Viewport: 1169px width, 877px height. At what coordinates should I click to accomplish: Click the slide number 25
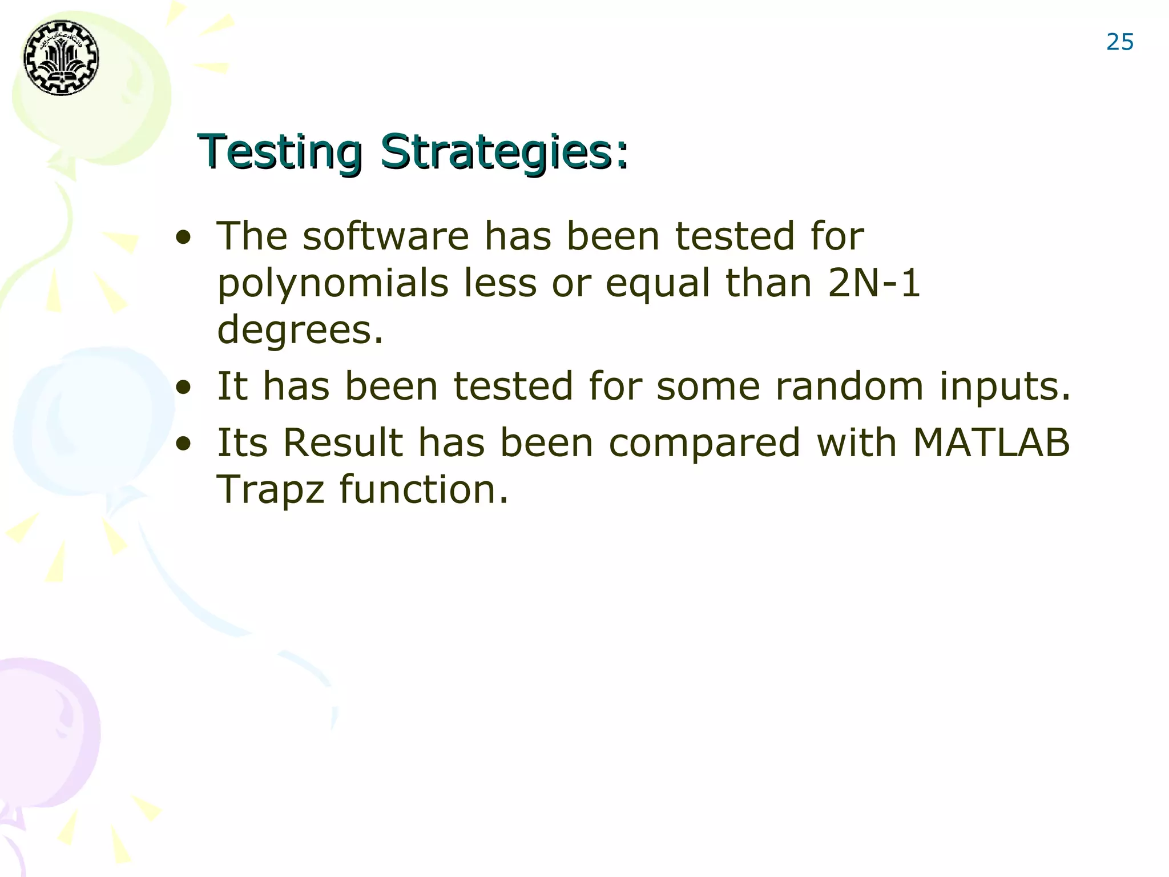coord(1119,42)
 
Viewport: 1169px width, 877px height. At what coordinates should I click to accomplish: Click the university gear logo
coord(61,58)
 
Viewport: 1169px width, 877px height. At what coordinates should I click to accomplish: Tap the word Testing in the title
coord(280,152)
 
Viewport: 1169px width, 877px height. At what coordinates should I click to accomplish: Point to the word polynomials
coord(333,283)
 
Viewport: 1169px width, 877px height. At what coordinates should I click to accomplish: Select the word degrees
coord(300,330)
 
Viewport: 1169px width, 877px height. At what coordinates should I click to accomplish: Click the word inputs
coord(1005,388)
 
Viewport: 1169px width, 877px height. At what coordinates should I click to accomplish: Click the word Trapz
coord(271,490)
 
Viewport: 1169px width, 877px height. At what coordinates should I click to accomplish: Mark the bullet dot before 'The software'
coord(183,238)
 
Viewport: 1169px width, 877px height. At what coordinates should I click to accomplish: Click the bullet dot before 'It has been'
coord(183,388)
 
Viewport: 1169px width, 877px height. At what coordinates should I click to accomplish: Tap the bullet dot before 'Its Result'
coord(183,444)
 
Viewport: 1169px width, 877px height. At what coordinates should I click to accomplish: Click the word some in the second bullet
coord(708,387)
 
